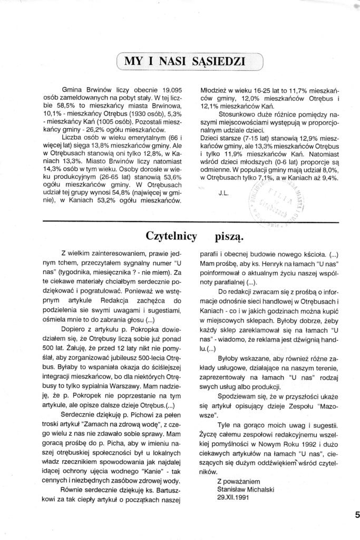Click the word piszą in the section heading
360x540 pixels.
pos(229,235)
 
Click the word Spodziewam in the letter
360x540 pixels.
pos(240,393)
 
